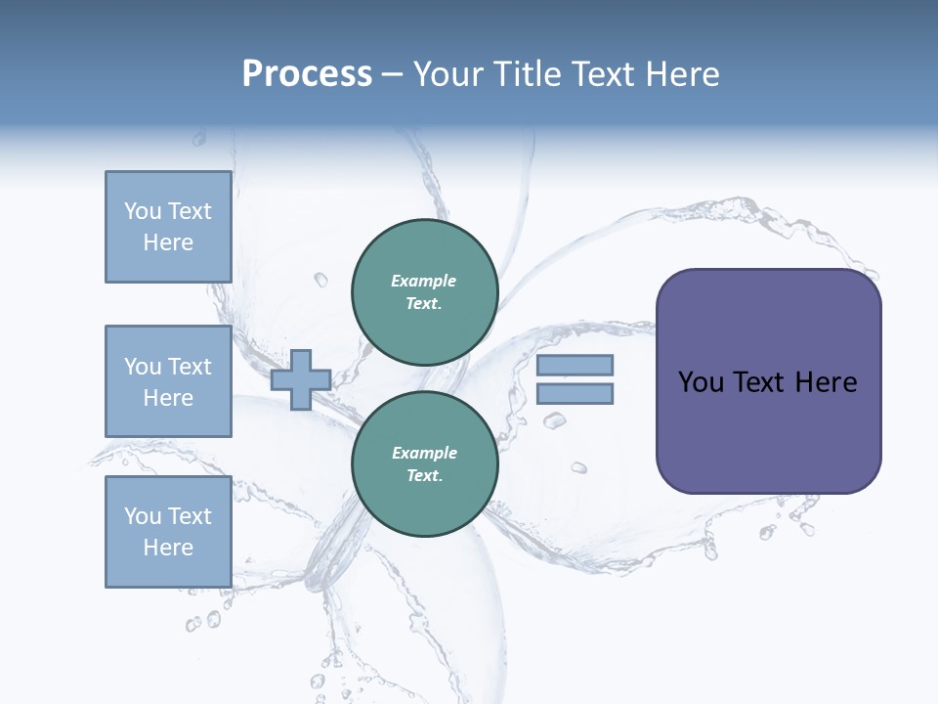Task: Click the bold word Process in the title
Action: point(307,74)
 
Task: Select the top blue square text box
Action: point(168,227)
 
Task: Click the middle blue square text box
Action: point(168,381)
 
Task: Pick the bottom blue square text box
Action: point(168,532)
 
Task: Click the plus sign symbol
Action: point(300,379)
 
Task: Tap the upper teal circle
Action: point(424,292)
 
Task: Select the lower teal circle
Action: point(424,464)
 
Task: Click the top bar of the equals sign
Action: point(575,365)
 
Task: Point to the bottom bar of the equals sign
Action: point(575,394)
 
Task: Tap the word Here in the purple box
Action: point(826,382)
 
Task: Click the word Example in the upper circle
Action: point(424,281)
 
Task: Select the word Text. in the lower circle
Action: point(424,476)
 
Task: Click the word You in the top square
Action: point(143,211)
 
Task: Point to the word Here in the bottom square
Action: point(168,548)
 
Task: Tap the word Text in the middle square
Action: point(190,367)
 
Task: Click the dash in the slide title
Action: point(392,74)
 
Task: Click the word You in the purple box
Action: point(701,382)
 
